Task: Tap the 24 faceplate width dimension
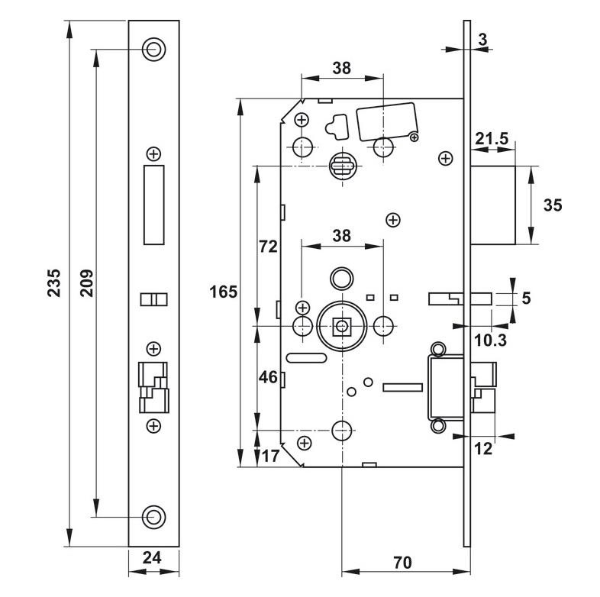tap(153, 559)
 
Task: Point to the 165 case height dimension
tap(224, 292)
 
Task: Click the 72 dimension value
tap(267, 247)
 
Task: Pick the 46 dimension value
tap(267, 376)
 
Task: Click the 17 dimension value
tap(269, 457)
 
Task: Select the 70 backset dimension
tap(403, 563)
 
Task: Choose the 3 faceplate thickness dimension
tap(484, 38)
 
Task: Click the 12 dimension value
tap(482, 450)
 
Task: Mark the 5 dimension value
tap(525, 298)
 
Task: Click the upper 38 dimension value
tap(341, 67)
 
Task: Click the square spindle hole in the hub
tap(341, 327)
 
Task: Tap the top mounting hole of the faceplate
tap(153, 49)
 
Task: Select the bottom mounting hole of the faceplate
tap(153, 516)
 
